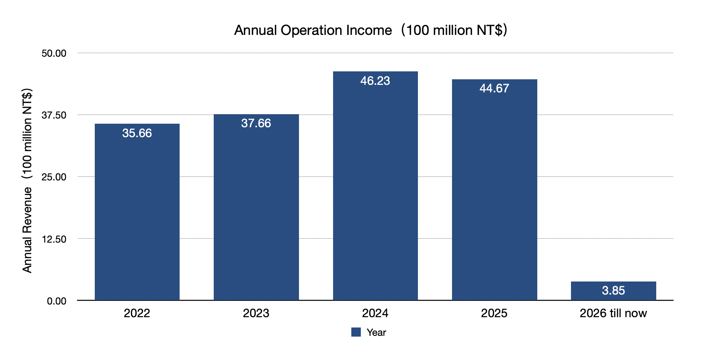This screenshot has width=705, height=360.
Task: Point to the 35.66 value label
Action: coord(137,133)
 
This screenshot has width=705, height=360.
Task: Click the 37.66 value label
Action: coord(256,123)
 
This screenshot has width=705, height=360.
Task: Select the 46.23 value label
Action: coord(375,81)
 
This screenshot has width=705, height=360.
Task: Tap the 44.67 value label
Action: coord(494,88)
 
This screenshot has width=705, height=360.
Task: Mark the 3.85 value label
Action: coord(613,291)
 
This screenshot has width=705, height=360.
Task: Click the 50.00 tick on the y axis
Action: coord(54,53)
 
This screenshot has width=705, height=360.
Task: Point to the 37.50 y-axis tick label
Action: coord(54,115)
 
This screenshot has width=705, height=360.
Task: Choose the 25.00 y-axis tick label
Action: coord(54,177)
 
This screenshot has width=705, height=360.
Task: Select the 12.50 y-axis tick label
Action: coord(54,239)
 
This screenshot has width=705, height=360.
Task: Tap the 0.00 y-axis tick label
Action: coord(56,301)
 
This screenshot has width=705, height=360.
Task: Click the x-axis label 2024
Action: coord(375,313)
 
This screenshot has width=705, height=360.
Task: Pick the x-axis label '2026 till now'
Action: coord(613,313)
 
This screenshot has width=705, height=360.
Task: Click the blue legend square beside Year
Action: coord(356,332)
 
